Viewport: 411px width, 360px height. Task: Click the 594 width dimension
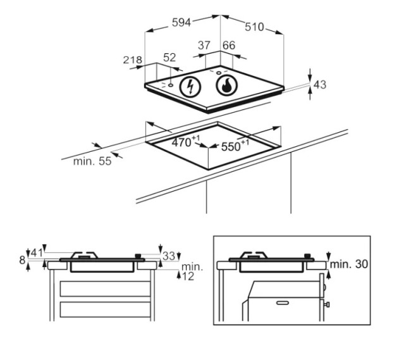(x=181, y=22)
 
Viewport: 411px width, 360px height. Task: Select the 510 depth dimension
(x=254, y=27)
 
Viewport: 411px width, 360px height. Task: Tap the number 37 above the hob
(x=204, y=46)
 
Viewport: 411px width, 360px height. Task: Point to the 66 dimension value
(x=229, y=46)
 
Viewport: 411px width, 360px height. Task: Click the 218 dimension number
(x=133, y=60)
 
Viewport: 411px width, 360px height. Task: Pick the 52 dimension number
(x=169, y=58)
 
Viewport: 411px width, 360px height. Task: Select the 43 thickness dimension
(x=320, y=85)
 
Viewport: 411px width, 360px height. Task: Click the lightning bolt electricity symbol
(x=190, y=87)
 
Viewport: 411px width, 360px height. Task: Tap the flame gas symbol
(x=227, y=86)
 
